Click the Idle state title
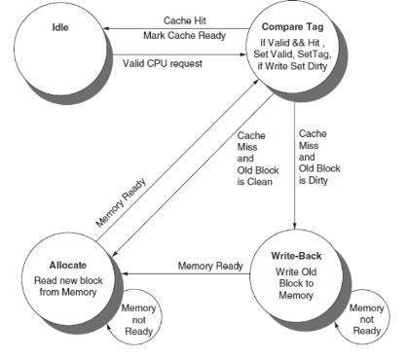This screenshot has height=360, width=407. click(x=60, y=27)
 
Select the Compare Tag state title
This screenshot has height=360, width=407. click(x=292, y=27)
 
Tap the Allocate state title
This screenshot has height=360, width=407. click(x=68, y=265)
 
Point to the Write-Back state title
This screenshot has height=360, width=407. click(x=296, y=256)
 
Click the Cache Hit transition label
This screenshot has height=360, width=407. click(x=185, y=20)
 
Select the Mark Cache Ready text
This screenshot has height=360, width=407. click(x=185, y=35)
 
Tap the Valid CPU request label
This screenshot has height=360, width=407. click(x=163, y=63)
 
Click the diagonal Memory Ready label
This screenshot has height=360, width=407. click(x=121, y=202)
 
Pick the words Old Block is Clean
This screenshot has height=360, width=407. click(x=258, y=176)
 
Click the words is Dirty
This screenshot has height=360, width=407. click(x=314, y=180)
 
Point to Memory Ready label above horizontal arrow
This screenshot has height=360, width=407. click(x=210, y=266)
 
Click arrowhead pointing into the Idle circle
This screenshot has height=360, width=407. click(x=106, y=28)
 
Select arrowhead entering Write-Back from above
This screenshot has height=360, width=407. click(x=295, y=226)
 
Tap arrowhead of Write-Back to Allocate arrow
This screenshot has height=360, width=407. click(x=125, y=273)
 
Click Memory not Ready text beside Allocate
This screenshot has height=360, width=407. click(x=138, y=320)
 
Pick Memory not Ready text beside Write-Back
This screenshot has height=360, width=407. click(x=366, y=319)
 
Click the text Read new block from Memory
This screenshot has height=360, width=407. click(x=68, y=286)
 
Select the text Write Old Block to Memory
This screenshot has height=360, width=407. click(x=296, y=283)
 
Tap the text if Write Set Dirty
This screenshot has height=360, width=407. click(x=292, y=66)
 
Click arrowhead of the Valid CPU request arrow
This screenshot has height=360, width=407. click(x=243, y=54)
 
